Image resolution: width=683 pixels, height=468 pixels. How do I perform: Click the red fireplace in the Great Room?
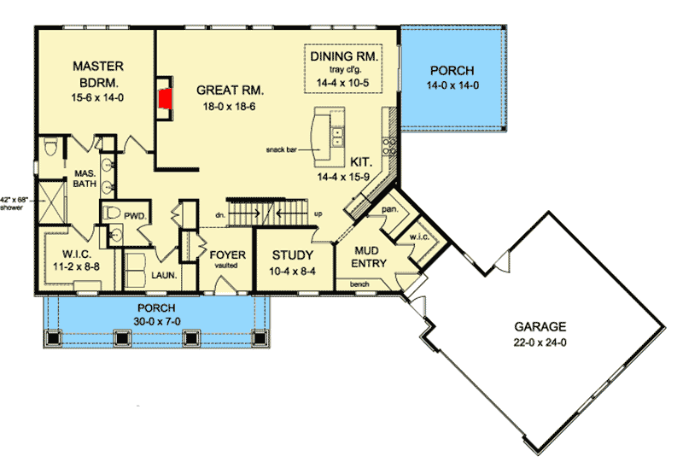165,97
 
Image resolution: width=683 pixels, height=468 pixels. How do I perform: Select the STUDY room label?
292,255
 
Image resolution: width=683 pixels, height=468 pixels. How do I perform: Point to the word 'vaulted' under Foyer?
226,266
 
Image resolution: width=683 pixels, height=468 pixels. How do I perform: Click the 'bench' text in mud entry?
359,282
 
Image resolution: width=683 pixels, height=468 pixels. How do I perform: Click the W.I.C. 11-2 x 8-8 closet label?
71,260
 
